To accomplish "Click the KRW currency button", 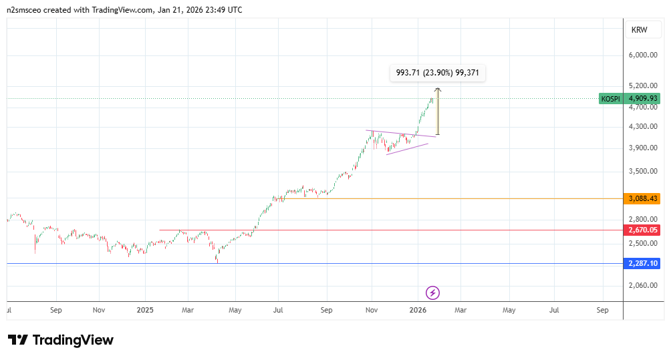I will tap(640, 29).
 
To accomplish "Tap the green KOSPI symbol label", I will tap(610, 99).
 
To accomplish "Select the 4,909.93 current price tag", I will tap(644, 99).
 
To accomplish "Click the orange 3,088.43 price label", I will tap(644, 198).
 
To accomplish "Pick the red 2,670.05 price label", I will tap(644, 230).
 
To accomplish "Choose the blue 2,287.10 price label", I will tap(644, 263).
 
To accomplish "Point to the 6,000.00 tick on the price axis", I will tap(644, 55).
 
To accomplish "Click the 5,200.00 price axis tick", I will tap(644, 85).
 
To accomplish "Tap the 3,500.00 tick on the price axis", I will tap(644, 171).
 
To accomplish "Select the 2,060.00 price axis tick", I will tap(644, 285).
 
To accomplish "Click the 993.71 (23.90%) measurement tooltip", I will tap(438, 73).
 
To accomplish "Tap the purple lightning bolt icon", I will tap(432, 293).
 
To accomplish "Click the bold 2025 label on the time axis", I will tap(144, 311).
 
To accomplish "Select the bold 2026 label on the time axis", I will tap(418, 311).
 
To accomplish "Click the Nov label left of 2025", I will tap(99, 311).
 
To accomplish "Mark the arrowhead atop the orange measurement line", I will tap(438, 89).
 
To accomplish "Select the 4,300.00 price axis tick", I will tap(644, 126).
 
